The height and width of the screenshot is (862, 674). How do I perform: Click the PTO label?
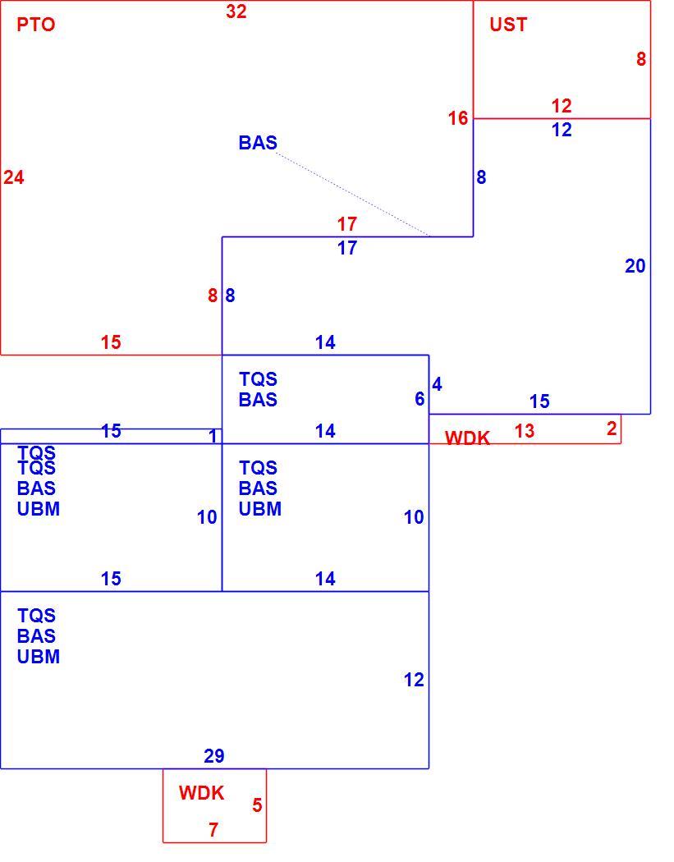(36, 25)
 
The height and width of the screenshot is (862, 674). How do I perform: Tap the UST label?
(508, 25)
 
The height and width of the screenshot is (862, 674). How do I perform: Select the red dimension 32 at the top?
(236, 11)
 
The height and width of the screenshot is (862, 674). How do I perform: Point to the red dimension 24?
(14, 177)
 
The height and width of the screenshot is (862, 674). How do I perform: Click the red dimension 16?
(457, 118)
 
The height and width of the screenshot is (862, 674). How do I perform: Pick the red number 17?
(347, 224)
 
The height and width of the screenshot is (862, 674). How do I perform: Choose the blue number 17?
(347, 248)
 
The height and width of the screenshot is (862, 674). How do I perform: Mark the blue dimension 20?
(635, 266)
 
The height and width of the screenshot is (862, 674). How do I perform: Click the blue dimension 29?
(213, 756)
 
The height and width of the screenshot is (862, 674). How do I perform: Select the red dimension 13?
(525, 431)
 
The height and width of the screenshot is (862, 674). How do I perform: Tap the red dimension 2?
(612, 429)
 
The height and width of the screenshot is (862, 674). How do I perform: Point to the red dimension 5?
(257, 805)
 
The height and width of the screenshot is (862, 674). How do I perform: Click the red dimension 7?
(213, 829)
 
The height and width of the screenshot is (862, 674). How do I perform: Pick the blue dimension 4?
(437, 384)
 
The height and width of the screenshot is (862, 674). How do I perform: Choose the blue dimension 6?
(420, 399)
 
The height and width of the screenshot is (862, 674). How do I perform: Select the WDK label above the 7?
(201, 793)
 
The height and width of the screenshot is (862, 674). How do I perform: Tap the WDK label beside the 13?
(467, 438)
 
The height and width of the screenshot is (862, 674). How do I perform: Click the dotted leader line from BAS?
(352, 195)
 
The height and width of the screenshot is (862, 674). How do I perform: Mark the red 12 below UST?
(562, 106)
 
